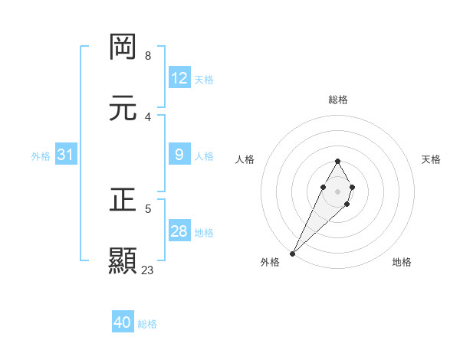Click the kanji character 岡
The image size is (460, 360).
click(x=123, y=47)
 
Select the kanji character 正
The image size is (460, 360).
click(x=123, y=200)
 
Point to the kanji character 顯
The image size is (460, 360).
click(x=123, y=260)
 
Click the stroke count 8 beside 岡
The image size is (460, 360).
click(x=148, y=56)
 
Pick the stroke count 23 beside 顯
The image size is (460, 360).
click(x=148, y=270)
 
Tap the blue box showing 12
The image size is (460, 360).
click(x=179, y=78)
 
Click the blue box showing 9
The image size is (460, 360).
click(x=179, y=155)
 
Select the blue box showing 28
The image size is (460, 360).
click(x=179, y=231)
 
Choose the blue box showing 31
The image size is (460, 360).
click(x=66, y=155)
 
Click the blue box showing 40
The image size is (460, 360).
click(x=123, y=322)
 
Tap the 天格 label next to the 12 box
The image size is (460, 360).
click(x=204, y=79)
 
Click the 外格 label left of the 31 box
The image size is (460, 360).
click(x=41, y=155)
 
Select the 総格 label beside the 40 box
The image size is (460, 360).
click(x=147, y=323)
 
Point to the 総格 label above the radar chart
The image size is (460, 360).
click(x=337, y=100)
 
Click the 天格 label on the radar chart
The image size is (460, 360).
click(x=431, y=159)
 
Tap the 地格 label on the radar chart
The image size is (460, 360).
click(x=402, y=262)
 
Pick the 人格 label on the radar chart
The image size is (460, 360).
click(x=245, y=159)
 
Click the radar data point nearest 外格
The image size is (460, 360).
click(x=292, y=253)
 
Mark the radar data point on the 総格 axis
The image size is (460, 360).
click(x=337, y=161)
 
